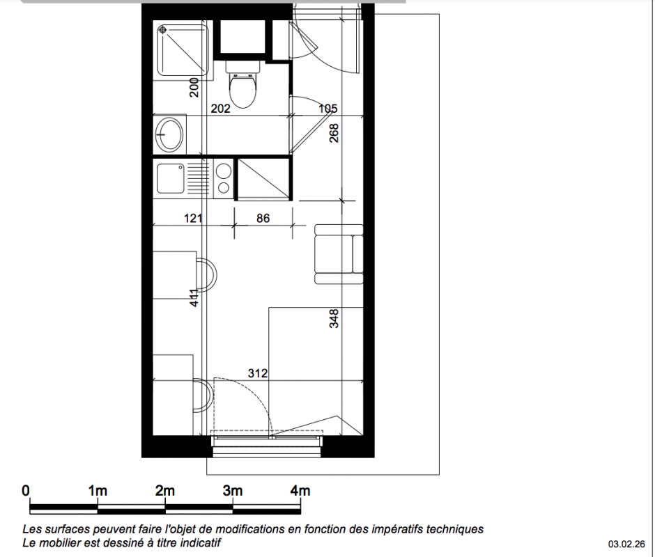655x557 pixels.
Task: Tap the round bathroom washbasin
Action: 169,134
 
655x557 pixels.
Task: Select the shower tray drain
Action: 163,30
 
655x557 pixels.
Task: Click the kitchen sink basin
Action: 171,178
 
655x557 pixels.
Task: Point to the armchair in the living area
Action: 339,254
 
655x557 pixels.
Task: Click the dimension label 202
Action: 221,109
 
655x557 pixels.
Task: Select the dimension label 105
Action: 328,109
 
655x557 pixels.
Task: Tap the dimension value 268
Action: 334,133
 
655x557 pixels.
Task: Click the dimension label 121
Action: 194,218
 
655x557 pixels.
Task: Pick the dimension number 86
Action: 263,218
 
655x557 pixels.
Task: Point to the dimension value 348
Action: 334,319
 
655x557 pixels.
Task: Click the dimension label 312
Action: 258,373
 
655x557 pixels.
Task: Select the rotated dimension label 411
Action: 194,298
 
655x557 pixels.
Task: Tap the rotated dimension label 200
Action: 194,87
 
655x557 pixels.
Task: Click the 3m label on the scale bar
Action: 232,491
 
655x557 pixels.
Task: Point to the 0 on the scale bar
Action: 26,491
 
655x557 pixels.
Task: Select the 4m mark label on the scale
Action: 300,491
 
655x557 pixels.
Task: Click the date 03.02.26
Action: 626,544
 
